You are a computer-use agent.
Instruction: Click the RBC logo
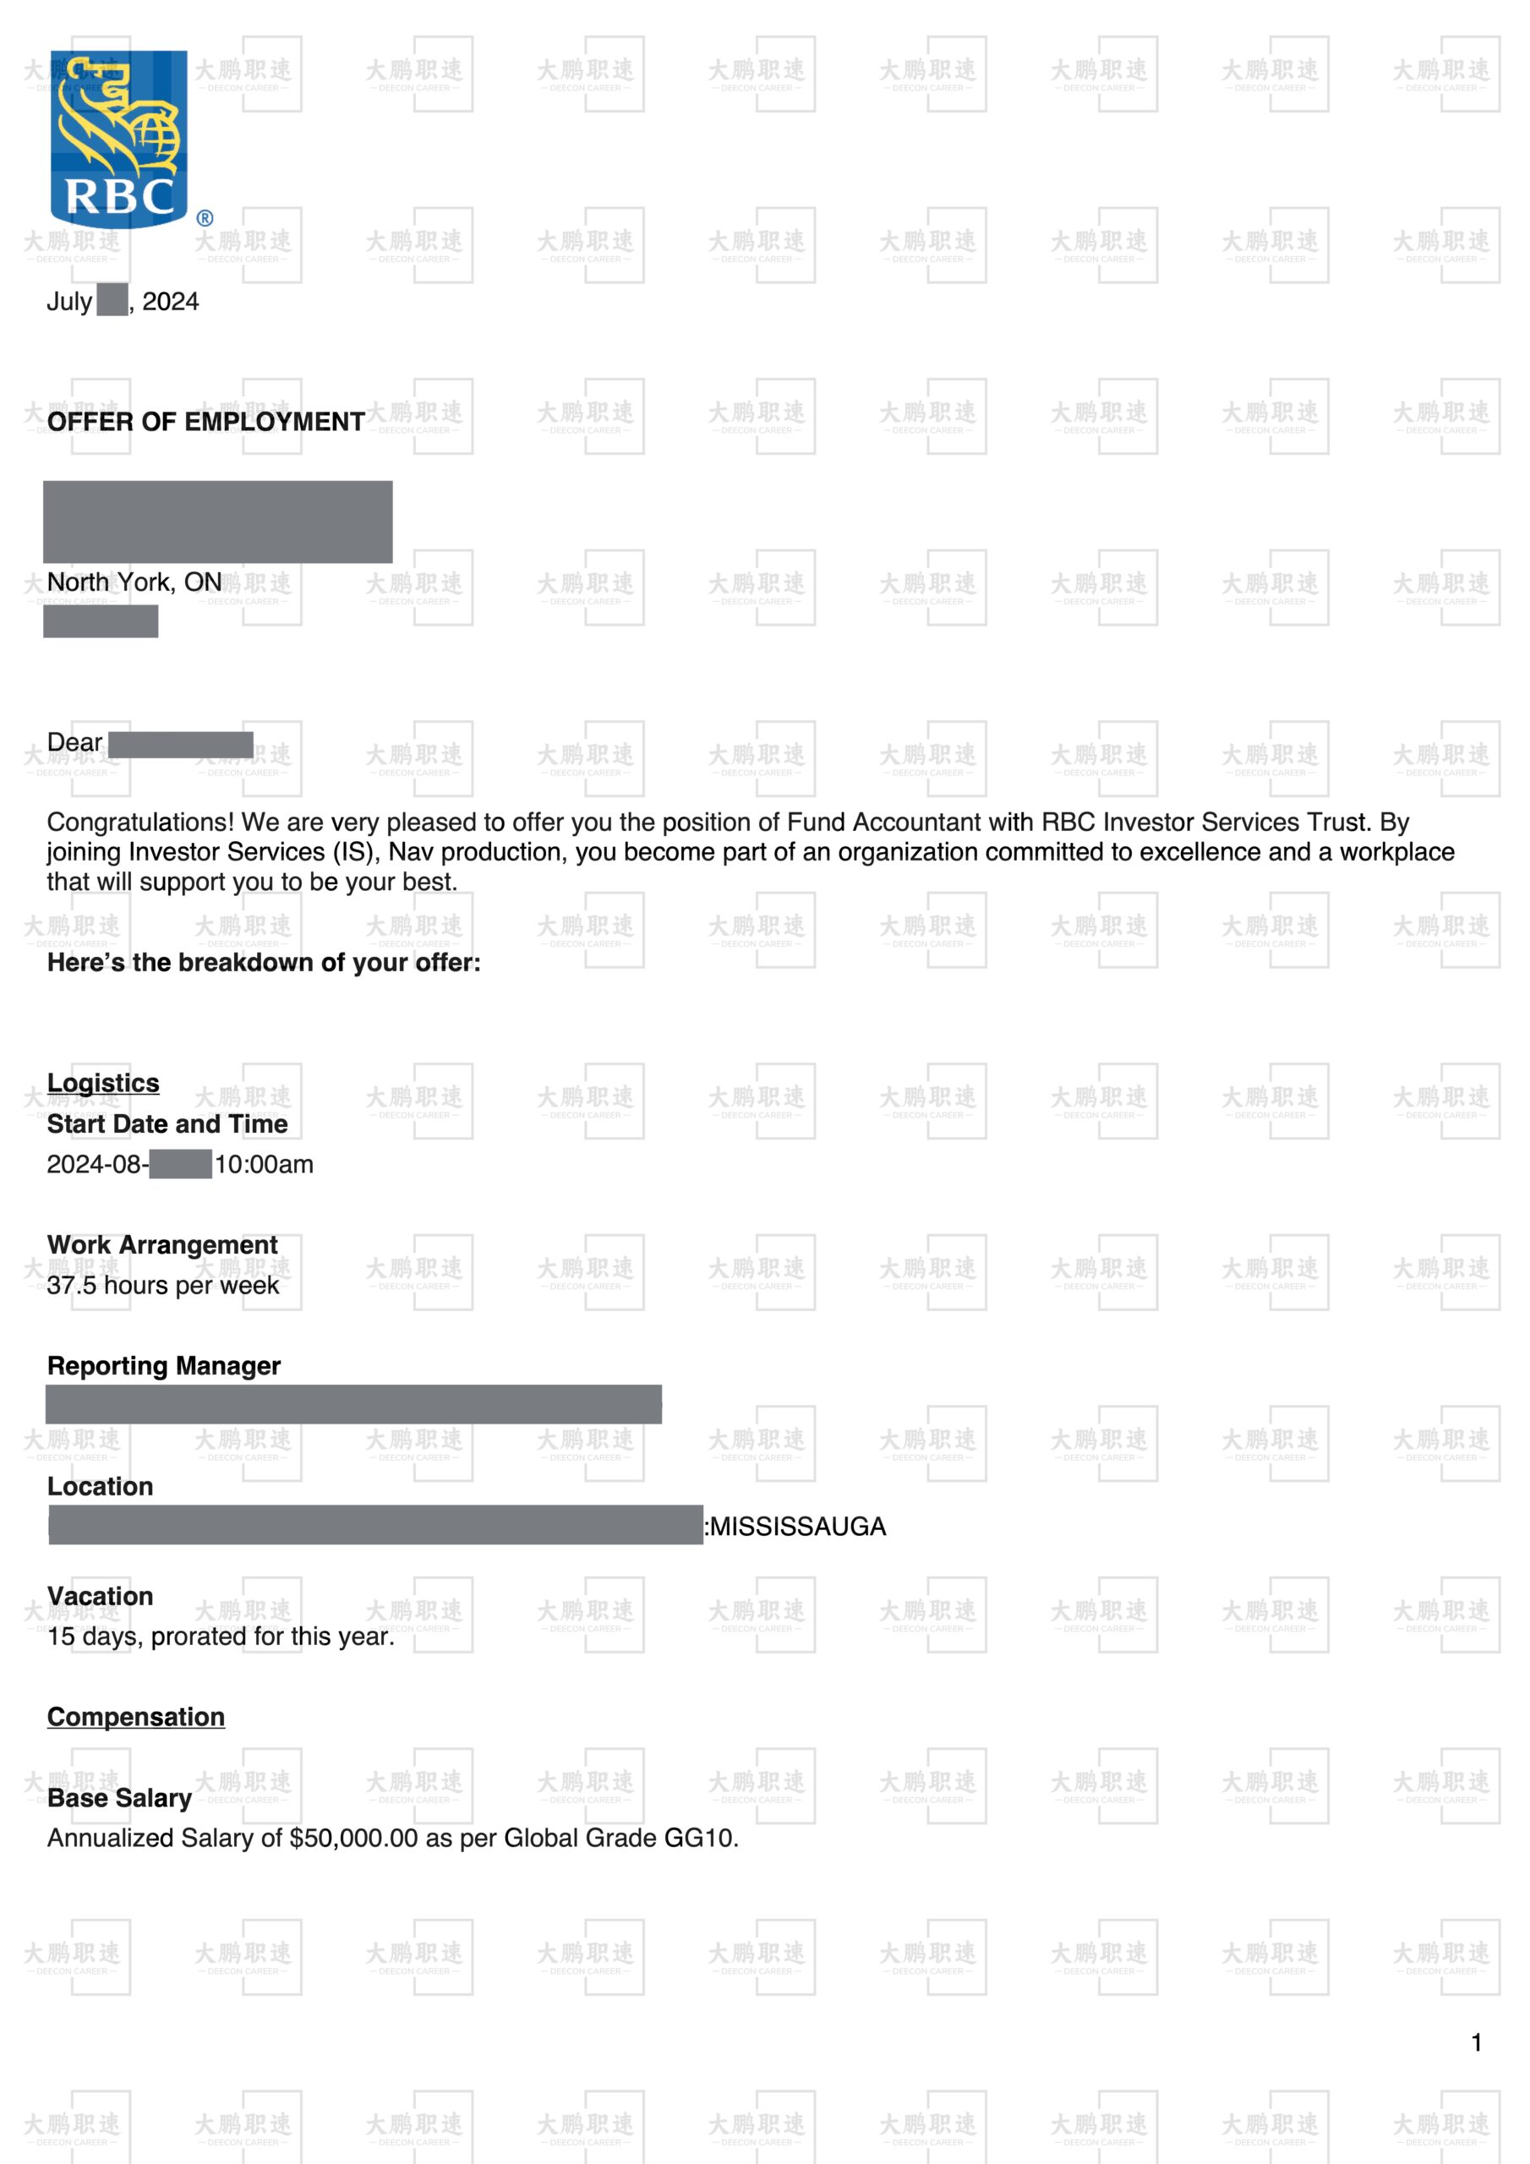pos(120,139)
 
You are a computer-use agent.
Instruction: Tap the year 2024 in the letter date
pos(171,302)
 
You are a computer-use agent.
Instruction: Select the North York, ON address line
pos(134,582)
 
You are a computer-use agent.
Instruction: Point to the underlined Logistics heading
pos(103,1083)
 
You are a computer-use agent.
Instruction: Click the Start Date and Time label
pos(167,1123)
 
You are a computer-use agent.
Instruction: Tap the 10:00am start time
pos(264,1164)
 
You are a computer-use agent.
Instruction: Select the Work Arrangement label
pos(162,1244)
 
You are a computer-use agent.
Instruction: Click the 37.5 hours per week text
pos(163,1285)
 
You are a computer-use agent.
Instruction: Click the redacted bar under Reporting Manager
pos(353,1403)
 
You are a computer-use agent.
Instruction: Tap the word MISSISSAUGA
pos(797,1526)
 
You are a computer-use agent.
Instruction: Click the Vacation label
pos(100,1596)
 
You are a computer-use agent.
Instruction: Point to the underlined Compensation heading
pos(136,1716)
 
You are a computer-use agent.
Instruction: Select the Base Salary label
pos(120,1797)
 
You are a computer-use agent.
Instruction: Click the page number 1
pos(1476,2042)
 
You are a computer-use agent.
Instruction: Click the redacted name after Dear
pos(180,745)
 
